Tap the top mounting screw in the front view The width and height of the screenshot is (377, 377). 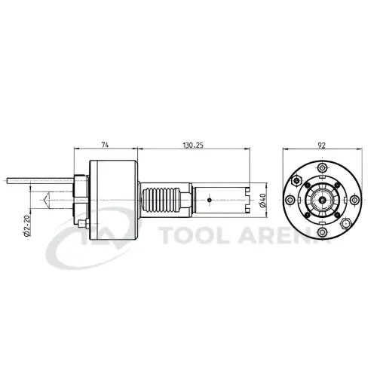click(322, 167)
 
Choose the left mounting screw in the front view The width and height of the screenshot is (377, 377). click(289, 201)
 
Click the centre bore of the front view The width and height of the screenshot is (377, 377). click(322, 201)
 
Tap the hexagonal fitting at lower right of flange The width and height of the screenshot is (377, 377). click(345, 224)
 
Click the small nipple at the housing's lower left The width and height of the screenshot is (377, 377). click(79, 225)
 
